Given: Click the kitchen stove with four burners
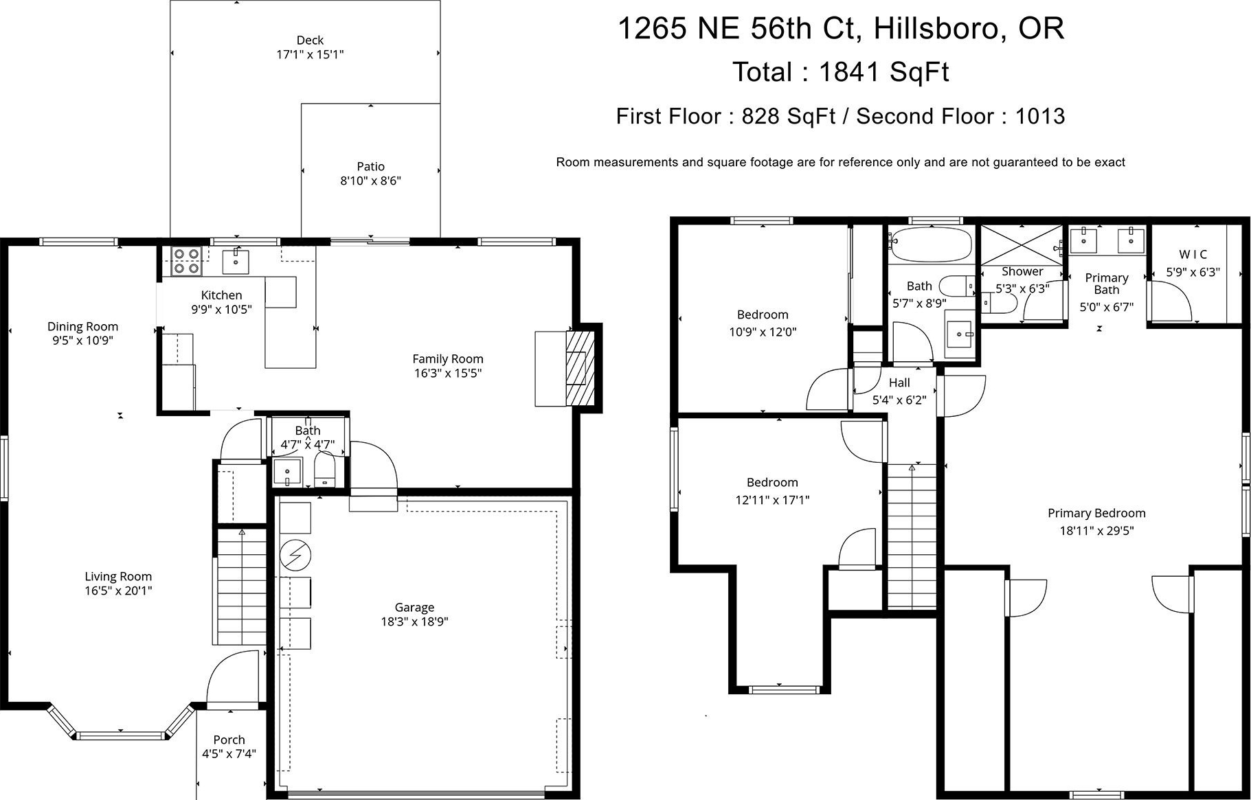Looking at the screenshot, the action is tap(186, 261).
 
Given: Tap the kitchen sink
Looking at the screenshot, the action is tap(236, 262).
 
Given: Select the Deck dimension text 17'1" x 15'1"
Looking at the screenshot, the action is tap(310, 55).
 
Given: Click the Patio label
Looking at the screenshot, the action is tap(370, 166).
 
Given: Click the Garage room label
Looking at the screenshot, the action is tap(414, 607).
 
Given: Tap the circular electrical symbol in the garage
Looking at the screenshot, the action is tap(295, 556).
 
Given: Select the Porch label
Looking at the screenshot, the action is tap(229, 740).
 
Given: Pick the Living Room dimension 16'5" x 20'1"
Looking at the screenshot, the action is tap(118, 591).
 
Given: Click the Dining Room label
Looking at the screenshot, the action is tap(82, 326).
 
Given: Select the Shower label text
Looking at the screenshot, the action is tap(1022, 271).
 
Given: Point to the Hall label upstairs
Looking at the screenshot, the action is tap(899, 382).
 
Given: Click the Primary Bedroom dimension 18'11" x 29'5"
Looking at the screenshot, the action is tap(1096, 530).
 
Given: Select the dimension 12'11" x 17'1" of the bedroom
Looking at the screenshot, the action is tap(772, 500).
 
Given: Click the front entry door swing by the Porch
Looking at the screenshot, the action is tap(234, 680).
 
